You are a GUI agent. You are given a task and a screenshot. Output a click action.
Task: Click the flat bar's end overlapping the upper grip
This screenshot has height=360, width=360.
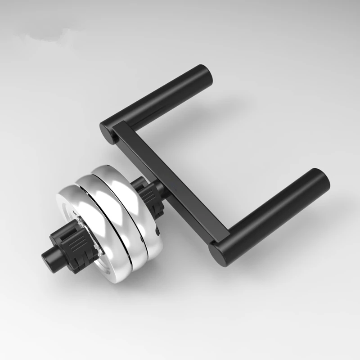point(118,130)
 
